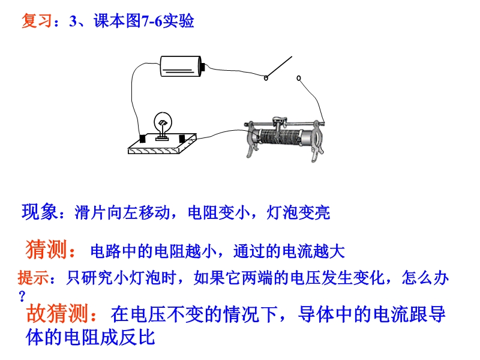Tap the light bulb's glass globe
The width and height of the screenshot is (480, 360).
pos(163,121)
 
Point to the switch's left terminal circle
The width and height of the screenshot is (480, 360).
pos(266,78)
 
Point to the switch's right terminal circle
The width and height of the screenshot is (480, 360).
pos(299,79)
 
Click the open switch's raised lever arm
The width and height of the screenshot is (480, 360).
pos(279,67)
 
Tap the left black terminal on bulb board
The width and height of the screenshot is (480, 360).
pos(143,139)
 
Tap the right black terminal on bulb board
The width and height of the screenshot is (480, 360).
pos(182,139)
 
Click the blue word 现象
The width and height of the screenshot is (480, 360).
pos(39,212)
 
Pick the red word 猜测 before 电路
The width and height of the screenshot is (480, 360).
pos(46,250)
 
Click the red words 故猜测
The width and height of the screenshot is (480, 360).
pos(57,313)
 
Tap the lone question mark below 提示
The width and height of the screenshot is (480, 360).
pos(22,296)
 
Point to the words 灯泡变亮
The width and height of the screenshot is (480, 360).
pos(298,212)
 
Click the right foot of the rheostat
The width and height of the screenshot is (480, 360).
pos(317,154)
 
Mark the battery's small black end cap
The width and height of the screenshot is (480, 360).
pos(203,67)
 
